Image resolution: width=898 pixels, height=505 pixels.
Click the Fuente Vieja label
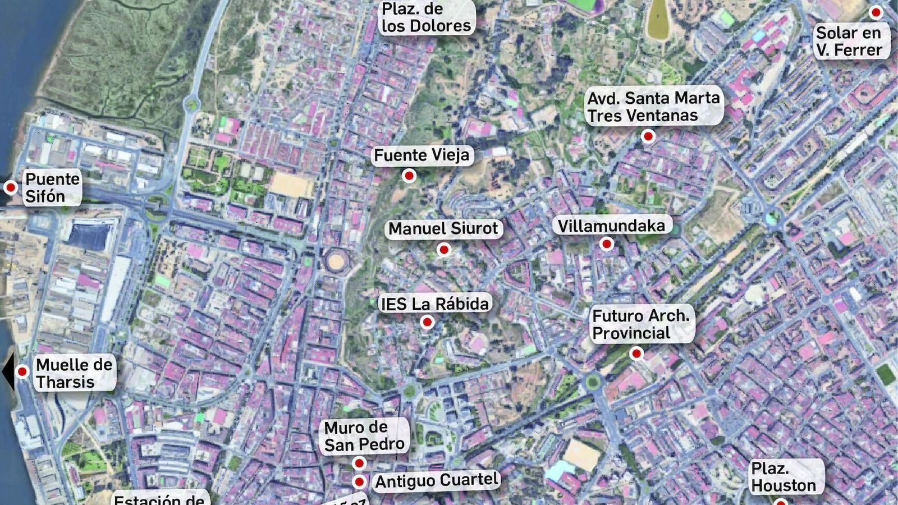(422, 155)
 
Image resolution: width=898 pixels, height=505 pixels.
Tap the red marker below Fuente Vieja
(409, 176)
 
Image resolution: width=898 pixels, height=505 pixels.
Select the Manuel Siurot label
(443, 229)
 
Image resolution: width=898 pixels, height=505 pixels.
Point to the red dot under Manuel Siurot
(444, 250)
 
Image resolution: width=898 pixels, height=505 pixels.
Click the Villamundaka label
(611, 226)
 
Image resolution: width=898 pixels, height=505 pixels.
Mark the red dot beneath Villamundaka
(606, 244)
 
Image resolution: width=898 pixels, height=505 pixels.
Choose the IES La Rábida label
(435, 304)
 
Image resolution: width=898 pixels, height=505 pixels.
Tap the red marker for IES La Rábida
(427, 323)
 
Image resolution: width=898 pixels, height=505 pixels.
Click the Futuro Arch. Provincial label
(640, 324)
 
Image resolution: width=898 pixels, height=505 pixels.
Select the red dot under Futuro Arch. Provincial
(636, 353)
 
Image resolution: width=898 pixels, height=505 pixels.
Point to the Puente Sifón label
(52, 187)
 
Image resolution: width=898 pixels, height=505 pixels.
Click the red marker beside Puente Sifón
(10, 187)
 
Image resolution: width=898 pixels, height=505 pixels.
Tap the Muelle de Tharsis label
(74, 373)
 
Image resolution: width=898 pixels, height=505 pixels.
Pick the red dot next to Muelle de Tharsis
(22, 371)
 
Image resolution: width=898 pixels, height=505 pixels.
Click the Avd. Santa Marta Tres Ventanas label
(653, 107)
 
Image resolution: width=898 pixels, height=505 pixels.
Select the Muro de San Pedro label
(364, 436)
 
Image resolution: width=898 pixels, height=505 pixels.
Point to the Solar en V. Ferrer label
(849, 42)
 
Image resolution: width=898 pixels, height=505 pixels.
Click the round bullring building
(336, 261)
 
